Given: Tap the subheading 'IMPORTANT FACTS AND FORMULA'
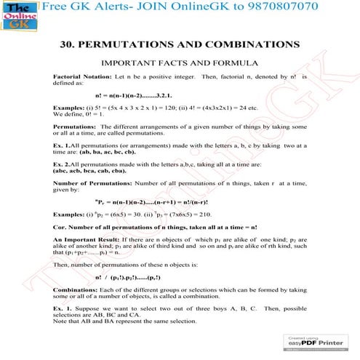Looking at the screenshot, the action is tap(180, 63).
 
